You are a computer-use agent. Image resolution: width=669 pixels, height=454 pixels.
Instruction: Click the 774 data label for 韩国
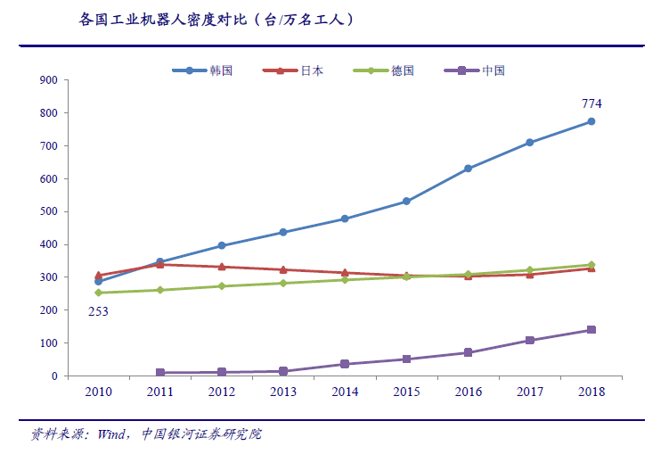click(591, 103)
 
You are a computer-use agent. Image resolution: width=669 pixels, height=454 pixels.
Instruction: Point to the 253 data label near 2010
click(98, 311)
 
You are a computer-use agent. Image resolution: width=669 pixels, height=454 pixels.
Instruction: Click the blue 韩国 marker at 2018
click(591, 122)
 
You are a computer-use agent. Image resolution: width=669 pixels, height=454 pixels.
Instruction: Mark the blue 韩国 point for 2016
click(468, 169)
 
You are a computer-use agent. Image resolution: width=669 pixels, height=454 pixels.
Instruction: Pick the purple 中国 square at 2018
click(591, 330)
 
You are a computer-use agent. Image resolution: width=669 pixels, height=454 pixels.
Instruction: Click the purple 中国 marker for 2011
click(159, 372)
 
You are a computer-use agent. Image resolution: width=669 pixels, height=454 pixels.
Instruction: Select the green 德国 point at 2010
click(98, 293)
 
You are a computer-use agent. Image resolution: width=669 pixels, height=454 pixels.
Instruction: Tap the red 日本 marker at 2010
click(98, 276)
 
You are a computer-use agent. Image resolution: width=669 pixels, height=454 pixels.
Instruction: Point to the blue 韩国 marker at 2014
click(345, 219)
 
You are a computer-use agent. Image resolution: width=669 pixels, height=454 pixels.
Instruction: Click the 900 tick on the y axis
click(49, 80)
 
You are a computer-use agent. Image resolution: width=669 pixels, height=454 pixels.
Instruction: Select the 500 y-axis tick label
click(49, 211)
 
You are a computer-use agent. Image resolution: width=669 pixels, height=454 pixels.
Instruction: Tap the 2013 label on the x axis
click(282, 392)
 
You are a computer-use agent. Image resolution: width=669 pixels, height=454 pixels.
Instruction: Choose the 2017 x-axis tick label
click(529, 392)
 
